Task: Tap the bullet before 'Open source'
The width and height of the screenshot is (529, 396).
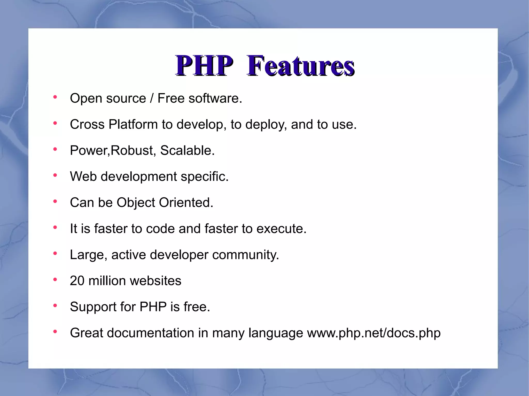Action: [x=55, y=97]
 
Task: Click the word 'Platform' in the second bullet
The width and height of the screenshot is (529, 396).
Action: [x=133, y=124]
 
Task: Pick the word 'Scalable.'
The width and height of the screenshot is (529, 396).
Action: [x=187, y=150]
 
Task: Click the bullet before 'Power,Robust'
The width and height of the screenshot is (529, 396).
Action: [x=55, y=149]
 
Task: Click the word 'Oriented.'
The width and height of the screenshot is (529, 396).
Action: [x=186, y=203]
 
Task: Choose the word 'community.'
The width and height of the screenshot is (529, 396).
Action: [x=245, y=255]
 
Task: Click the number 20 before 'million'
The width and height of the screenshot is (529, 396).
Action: [x=77, y=281]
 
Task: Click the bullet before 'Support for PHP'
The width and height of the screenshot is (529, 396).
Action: [x=55, y=306]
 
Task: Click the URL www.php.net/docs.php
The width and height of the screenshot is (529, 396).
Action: [x=374, y=333]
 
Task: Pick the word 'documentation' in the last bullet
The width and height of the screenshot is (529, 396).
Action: [x=151, y=333]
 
